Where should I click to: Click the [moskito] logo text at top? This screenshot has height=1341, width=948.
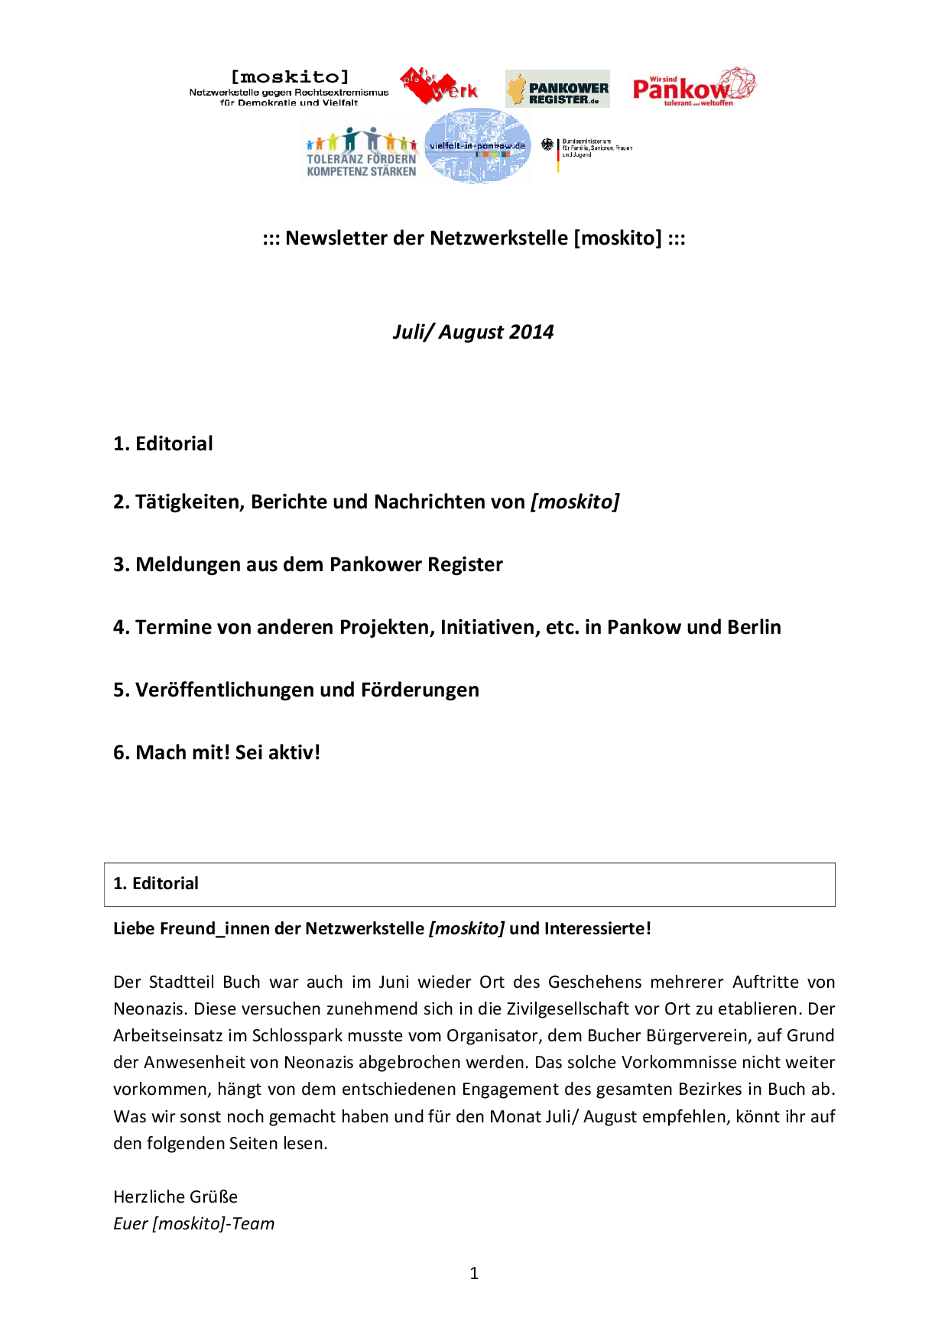click(x=289, y=77)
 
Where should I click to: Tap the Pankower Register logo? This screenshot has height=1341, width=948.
click(x=557, y=89)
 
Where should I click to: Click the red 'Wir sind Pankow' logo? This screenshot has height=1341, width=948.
click(x=693, y=87)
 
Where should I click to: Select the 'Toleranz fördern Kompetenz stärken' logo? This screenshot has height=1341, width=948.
click(x=361, y=153)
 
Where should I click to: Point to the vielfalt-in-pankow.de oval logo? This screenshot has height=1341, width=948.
click(x=477, y=145)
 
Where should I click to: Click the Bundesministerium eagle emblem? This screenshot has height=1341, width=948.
click(x=547, y=144)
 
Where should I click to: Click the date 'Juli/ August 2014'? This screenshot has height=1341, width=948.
click(x=473, y=332)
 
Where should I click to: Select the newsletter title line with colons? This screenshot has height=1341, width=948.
click(x=474, y=238)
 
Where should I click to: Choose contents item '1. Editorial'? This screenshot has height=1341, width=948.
click(x=163, y=443)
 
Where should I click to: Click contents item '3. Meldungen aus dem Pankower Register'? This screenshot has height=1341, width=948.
click(x=307, y=564)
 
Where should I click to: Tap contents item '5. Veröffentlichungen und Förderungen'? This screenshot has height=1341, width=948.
click(x=296, y=690)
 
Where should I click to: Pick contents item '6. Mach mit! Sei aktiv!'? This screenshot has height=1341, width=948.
click(x=216, y=752)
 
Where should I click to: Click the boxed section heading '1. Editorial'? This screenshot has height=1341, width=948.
click(x=156, y=884)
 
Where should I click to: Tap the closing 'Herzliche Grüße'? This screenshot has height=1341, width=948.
click(x=175, y=1197)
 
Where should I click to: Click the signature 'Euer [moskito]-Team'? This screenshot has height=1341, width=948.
click(x=193, y=1223)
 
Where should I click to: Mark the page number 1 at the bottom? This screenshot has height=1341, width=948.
click(x=474, y=1273)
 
